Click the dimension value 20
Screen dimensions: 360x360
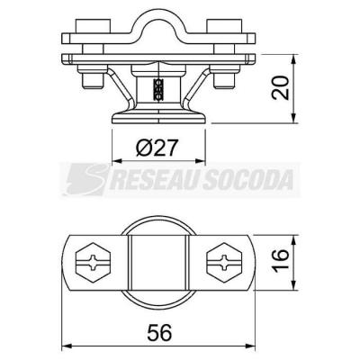pos(281,87)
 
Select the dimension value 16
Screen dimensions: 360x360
pos(281,259)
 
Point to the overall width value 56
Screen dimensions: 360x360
pos(159,332)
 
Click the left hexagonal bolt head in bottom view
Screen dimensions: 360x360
pos(93,263)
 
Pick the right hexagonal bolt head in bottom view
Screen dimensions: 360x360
pos(224,263)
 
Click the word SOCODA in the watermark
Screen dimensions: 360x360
pos(247,179)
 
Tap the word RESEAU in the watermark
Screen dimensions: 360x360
pos(153,179)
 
